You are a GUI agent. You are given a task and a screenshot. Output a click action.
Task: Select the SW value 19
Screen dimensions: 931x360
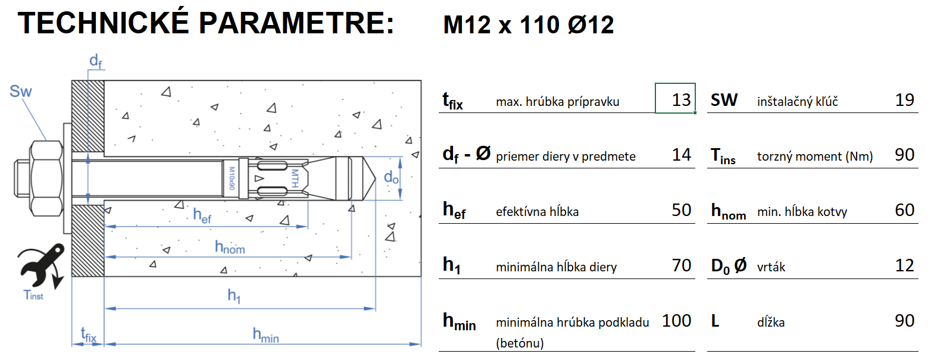[904, 99]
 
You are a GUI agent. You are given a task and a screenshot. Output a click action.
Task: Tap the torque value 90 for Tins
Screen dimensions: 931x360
[904, 155]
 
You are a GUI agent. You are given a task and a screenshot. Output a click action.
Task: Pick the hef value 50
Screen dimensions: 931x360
[681, 209]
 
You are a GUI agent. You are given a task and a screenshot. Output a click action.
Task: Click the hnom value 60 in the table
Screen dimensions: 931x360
[904, 209]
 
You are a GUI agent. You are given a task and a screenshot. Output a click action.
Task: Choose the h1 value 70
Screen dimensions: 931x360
[681, 265]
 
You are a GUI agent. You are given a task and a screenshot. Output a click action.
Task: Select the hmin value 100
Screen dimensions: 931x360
[677, 321]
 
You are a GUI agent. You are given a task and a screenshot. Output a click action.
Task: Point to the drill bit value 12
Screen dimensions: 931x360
[904, 265]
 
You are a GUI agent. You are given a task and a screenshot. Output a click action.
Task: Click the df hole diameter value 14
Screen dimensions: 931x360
[681, 155]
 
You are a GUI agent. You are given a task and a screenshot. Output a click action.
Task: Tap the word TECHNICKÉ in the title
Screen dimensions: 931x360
[104, 24]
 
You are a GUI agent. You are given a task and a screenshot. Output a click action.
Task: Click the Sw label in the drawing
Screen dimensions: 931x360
[21, 92]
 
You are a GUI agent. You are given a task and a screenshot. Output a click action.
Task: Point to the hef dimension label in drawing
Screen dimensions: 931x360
[202, 216]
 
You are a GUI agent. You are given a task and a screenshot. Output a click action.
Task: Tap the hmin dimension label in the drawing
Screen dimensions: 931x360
[265, 336]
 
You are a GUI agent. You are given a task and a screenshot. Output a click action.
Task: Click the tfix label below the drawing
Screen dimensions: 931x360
[88, 336]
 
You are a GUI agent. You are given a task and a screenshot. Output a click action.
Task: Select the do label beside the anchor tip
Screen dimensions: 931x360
[390, 177]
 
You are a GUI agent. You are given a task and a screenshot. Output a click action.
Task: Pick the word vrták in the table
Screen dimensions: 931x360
[771, 267]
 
